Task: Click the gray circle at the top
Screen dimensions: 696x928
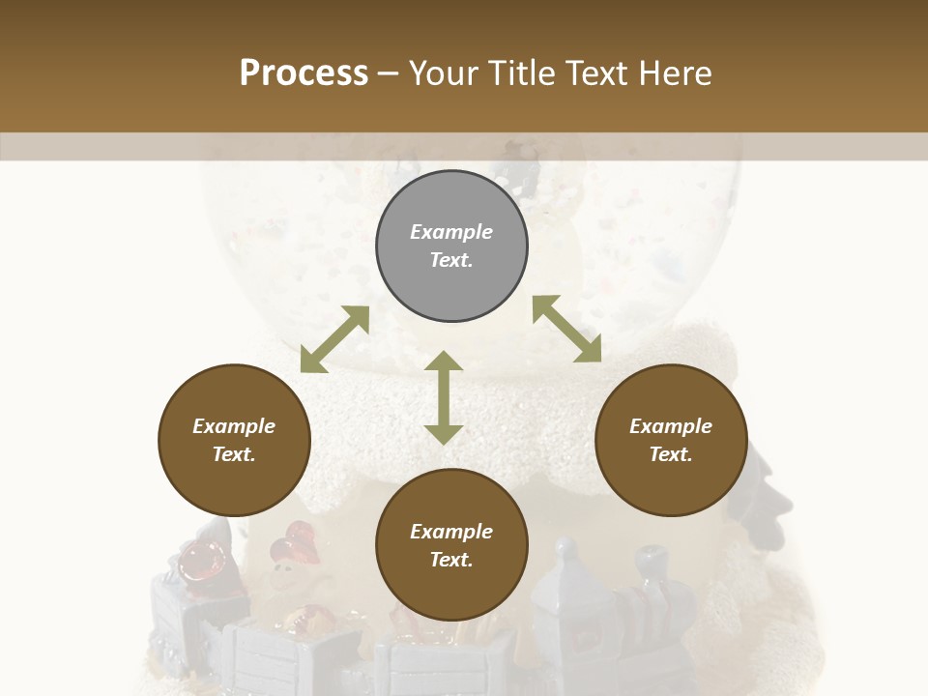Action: tap(451, 246)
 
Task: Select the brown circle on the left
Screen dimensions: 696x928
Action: tap(234, 441)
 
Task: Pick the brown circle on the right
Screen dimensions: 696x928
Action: tap(671, 441)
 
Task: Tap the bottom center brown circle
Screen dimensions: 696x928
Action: tap(451, 545)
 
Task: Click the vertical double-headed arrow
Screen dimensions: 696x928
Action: tap(444, 397)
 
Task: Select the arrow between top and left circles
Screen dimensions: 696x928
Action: tap(334, 339)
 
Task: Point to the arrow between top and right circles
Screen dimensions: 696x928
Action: tap(566, 329)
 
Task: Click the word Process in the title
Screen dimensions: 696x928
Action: tap(304, 72)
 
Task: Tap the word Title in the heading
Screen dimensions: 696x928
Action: tap(523, 72)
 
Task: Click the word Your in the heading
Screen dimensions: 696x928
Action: tap(446, 72)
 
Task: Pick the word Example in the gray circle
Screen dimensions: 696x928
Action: tap(451, 232)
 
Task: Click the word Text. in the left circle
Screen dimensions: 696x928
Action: tap(234, 455)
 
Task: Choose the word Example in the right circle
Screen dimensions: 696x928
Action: tap(671, 426)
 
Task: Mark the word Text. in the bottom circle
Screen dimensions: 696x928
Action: tap(451, 560)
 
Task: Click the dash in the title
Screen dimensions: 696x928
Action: tap(389, 73)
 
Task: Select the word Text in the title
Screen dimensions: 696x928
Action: tap(594, 72)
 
